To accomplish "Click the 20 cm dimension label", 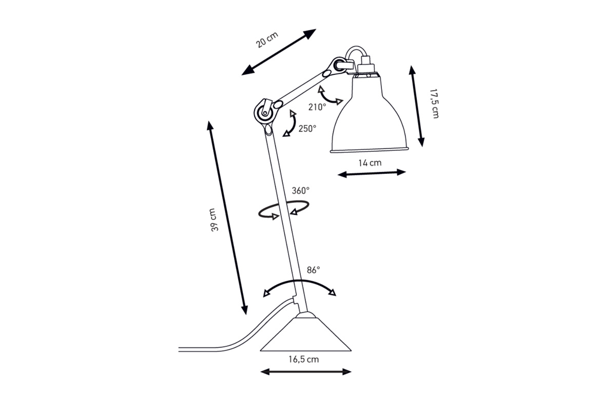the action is tap(267, 40).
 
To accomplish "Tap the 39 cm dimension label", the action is tap(215, 220).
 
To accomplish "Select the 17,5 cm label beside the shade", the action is tap(434, 104).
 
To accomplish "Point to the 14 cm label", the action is tap(370, 163).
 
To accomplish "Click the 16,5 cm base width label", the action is tap(303, 359).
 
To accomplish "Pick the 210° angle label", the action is tap(317, 107).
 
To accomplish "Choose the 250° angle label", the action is tap(307, 128).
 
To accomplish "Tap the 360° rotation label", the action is tap(301, 191).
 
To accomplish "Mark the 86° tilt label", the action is tap(314, 270).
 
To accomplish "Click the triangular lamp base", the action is tap(305, 332).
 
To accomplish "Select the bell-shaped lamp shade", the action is tap(369, 113).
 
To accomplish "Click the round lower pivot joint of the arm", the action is tap(264, 112).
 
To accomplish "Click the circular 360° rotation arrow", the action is tap(283, 210).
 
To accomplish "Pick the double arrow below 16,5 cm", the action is tap(306, 372).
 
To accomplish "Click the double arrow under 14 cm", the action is tap(372, 173).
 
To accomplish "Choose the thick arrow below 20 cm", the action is tap(279, 52).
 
